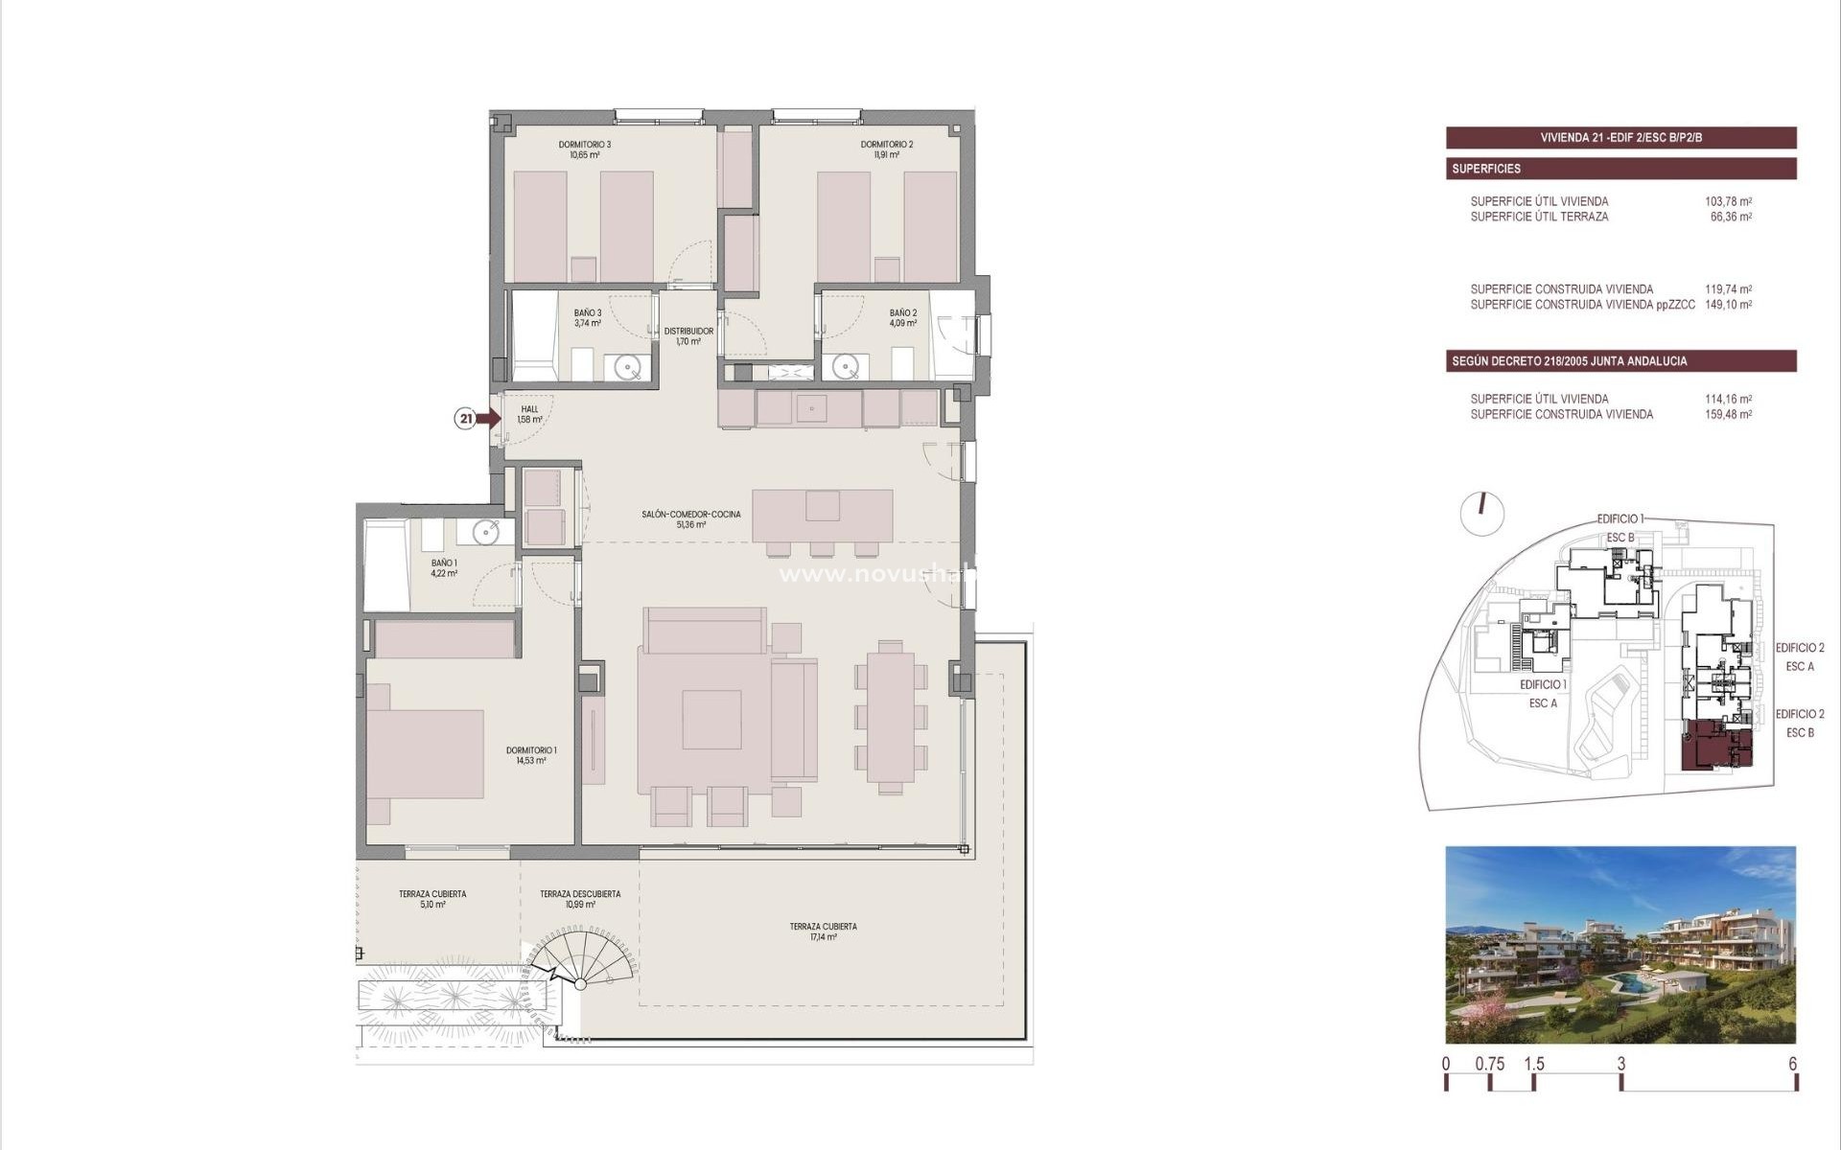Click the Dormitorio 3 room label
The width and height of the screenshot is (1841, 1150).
[584, 149]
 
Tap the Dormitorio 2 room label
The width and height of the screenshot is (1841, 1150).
[886, 149]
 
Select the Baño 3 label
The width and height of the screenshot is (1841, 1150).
[588, 318]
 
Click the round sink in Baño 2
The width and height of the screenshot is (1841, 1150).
[845, 366]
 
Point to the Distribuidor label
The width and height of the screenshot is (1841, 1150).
[688, 336]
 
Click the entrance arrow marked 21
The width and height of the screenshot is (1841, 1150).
[487, 418]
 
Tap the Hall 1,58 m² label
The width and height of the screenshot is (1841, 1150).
[529, 414]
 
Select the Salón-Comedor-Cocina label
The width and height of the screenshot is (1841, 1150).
[690, 519]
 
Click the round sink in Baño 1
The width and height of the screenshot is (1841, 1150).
[486, 532]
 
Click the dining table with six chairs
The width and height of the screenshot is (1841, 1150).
[891, 717]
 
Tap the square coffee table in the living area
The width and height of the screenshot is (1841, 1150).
[711, 720]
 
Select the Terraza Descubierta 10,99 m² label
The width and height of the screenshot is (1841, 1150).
[579, 899]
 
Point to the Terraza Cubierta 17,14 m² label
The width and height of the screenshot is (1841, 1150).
[823, 931]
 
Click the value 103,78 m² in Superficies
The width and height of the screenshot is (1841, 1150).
[1728, 201]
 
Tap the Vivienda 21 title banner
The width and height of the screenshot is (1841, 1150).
[1620, 137]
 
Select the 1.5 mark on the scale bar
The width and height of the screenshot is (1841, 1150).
[1534, 1064]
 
